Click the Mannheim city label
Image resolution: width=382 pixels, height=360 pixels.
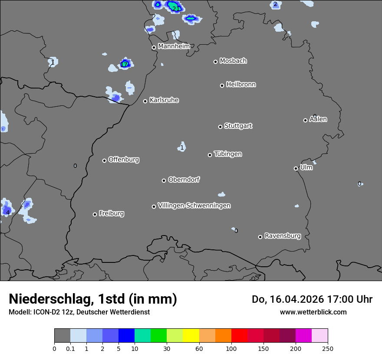pos(174,46)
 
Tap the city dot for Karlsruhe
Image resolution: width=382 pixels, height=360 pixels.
pos(145,101)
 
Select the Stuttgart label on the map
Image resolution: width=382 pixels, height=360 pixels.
pos(238,126)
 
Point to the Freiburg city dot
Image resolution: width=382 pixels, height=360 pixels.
pos(95,214)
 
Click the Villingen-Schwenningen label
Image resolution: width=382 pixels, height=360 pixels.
pos(194,206)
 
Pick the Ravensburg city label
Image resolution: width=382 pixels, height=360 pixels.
pos(283,236)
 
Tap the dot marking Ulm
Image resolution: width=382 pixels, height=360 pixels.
pos(296,168)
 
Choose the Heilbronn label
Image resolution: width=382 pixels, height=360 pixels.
pos(241,85)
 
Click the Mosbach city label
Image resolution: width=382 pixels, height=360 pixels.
pos(233,61)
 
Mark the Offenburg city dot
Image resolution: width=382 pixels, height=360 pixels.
pos(104,160)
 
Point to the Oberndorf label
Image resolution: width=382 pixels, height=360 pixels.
pos(184,180)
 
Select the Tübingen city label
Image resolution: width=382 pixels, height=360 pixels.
pos(228,154)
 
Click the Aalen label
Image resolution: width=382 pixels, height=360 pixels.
pos(318,119)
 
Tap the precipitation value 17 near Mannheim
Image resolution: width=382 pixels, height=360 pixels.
pos(125,65)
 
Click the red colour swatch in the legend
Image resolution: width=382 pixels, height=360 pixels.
pos(239,336)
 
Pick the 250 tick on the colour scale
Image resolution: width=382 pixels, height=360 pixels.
pos(328,348)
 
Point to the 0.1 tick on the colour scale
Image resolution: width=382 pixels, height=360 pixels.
pos(70,348)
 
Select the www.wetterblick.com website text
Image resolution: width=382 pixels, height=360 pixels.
pos(313,312)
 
